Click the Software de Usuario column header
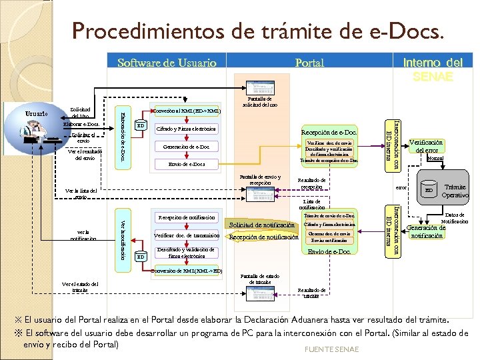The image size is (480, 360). tap(167, 63)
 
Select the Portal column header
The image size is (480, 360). tap(309, 63)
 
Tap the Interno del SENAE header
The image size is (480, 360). tap(433, 69)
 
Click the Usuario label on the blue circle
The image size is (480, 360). tap(36, 113)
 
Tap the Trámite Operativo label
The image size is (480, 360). tap(456, 191)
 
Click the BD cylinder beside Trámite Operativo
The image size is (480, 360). tap(429, 190)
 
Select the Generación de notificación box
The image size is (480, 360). tap(427, 231)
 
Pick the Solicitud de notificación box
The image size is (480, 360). tap(261, 225)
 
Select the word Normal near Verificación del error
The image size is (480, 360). tap(435, 158)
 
